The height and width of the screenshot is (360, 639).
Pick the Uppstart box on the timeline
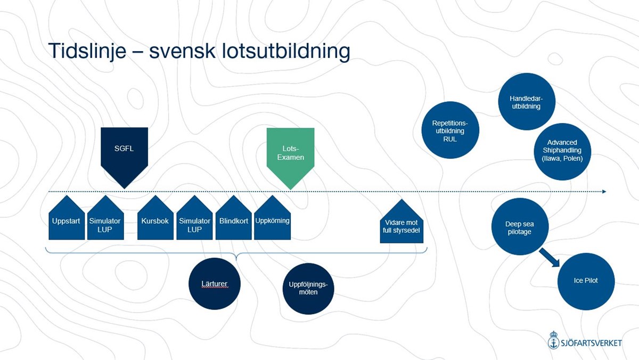click(67, 220)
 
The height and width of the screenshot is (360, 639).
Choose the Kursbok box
click(155, 220)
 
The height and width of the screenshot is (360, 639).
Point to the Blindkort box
click(234, 220)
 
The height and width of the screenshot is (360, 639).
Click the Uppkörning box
click(272, 220)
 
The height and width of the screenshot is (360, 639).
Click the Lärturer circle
click(215, 284)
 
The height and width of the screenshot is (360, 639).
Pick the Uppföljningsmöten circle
click(308, 288)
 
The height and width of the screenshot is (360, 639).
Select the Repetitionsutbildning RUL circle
click(449, 131)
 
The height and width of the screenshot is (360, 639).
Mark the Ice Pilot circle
click(586, 281)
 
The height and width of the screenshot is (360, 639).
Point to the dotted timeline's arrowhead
click(604, 191)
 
